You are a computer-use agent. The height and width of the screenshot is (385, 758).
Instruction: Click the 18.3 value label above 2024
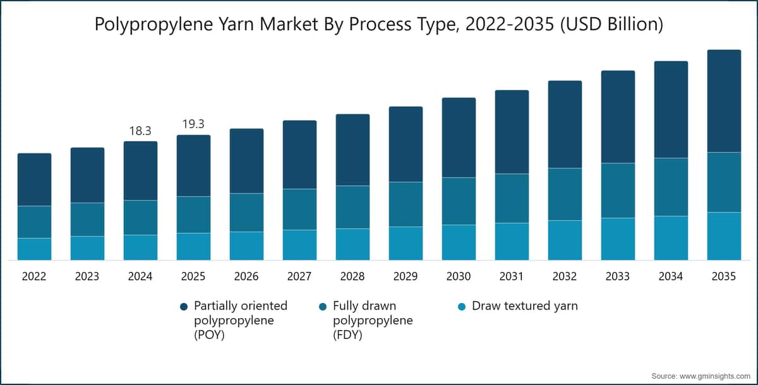click(x=140, y=131)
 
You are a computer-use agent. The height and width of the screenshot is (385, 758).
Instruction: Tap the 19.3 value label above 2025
click(x=193, y=124)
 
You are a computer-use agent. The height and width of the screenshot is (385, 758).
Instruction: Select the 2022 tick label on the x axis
click(x=34, y=276)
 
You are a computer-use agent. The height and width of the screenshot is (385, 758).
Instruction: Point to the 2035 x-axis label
click(x=723, y=276)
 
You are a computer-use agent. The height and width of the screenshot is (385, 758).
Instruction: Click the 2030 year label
click(x=458, y=276)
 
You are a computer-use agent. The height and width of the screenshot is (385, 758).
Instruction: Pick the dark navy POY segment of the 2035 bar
click(x=724, y=101)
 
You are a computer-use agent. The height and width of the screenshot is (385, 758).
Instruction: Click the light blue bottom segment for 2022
click(x=35, y=249)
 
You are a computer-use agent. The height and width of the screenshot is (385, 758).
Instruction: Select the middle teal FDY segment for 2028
click(x=352, y=207)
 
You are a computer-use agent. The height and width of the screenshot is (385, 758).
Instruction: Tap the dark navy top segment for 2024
click(x=140, y=170)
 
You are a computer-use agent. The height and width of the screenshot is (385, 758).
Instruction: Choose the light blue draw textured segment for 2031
click(x=512, y=241)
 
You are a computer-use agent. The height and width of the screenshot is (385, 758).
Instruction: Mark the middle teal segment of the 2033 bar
click(x=618, y=191)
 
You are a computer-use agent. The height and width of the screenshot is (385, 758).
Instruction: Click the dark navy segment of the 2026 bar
click(x=247, y=161)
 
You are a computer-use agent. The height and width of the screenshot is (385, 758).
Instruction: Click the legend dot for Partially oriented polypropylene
click(x=184, y=307)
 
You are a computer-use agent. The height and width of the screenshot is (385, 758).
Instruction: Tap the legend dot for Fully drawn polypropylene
click(x=323, y=307)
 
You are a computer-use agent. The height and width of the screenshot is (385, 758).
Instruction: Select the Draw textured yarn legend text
click(x=525, y=306)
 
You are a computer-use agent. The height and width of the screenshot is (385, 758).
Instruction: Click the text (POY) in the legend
click(x=209, y=335)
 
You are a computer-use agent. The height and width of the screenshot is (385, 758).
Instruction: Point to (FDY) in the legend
click(x=347, y=335)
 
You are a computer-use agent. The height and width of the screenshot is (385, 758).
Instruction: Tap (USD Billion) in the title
click(x=612, y=25)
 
